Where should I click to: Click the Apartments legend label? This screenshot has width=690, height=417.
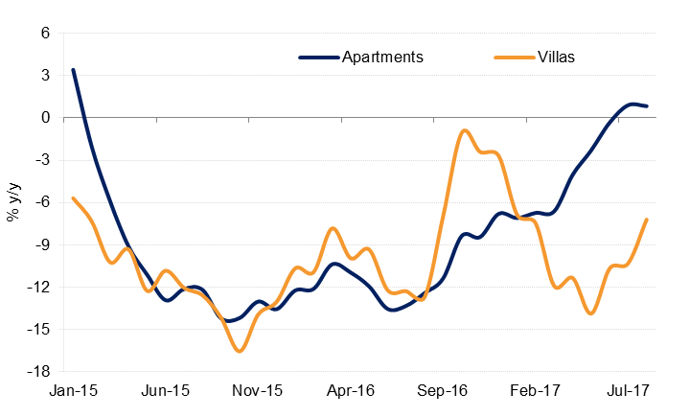tap(382, 57)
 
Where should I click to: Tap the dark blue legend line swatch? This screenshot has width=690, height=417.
tap(319, 57)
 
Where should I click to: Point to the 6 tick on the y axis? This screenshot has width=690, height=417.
tap(44, 34)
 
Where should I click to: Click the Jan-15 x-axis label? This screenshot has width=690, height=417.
tap(73, 391)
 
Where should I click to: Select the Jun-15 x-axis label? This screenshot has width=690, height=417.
tap(165, 391)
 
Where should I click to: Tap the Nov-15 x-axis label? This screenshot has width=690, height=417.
tap(258, 391)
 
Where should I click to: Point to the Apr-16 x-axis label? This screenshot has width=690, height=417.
tap(351, 391)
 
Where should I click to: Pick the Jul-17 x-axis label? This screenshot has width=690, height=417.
tap(628, 391)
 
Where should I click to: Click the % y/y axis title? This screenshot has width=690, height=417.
tap(14, 202)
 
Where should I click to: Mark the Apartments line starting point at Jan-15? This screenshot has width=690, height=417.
tap(73, 70)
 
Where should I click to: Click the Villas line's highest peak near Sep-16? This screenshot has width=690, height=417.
tap(465, 130)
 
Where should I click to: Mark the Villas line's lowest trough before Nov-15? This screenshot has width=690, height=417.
tap(238, 351)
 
